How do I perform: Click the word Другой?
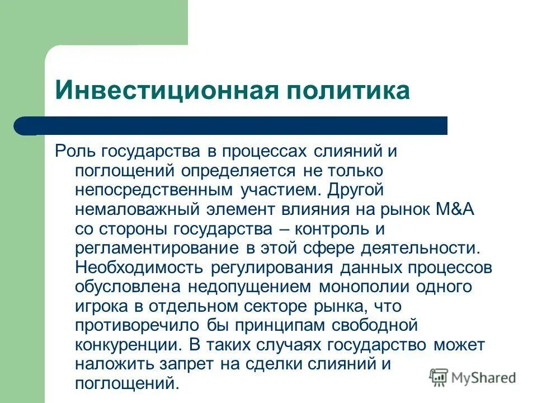[356, 190]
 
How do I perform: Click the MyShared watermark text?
[483, 378]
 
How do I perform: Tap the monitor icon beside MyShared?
[439, 378]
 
